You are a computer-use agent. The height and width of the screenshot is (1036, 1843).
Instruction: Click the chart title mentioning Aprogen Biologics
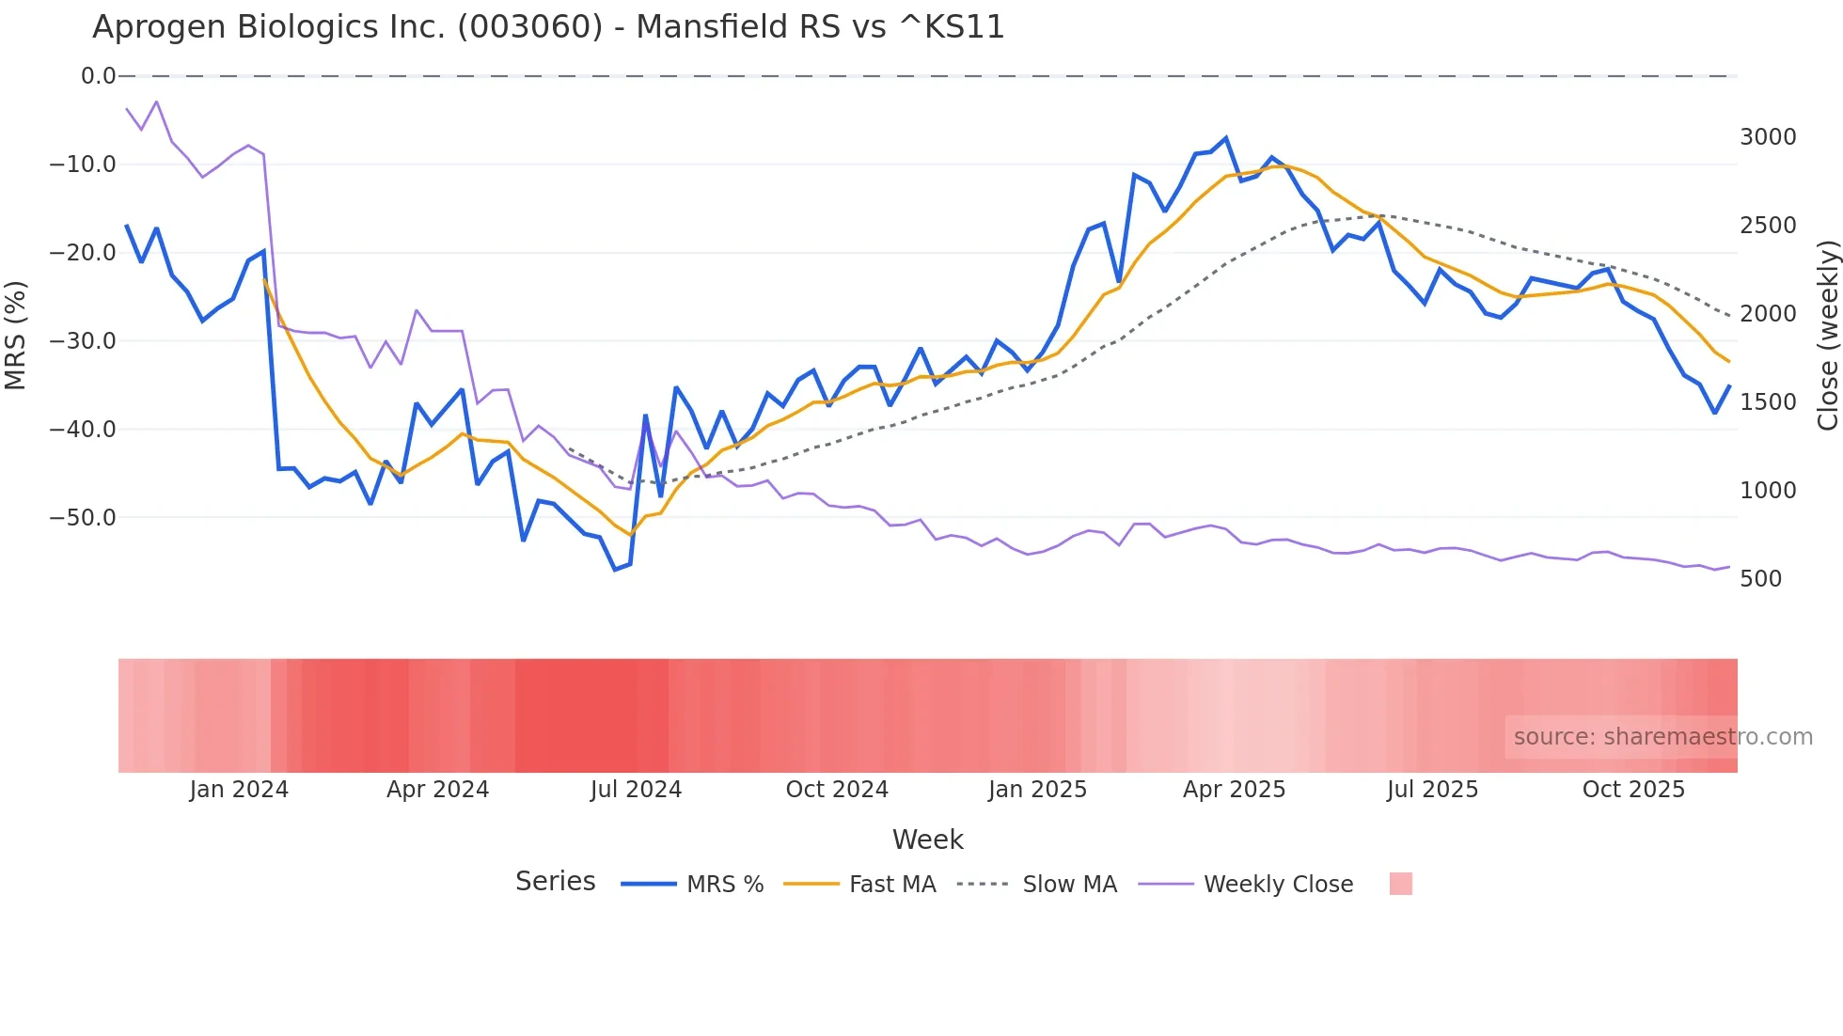pyautogui.click(x=548, y=27)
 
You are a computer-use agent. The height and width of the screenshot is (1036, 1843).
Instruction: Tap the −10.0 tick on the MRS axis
pyautogui.click(x=83, y=165)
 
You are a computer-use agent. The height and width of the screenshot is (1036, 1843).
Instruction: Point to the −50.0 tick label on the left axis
pyautogui.click(x=83, y=518)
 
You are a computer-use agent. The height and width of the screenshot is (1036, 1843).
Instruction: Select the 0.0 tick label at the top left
pyautogui.click(x=98, y=76)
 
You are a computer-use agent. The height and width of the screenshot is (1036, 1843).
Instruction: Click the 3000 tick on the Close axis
pyautogui.click(x=1768, y=137)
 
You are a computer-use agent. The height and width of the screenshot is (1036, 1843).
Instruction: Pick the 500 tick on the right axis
pyautogui.click(x=1760, y=579)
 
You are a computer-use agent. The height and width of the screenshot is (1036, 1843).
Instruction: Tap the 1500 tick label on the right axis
pyautogui.click(x=1768, y=402)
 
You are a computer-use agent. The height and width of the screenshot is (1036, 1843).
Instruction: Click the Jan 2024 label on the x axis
pyautogui.click(x=239, y=790)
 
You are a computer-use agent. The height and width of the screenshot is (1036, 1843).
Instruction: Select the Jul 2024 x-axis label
pyautogui.click(x=636, y=790)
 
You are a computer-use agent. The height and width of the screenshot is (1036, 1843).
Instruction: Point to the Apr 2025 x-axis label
pyautogui.click(x=1234, y=790)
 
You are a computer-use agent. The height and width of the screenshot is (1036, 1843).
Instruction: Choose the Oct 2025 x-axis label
pyautogui.click(x=1633, y=790)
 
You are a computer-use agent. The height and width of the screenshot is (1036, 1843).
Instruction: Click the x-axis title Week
pyautogui.click(x=927, y=840)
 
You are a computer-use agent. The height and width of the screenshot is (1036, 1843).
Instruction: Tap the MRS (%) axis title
pyautogui.click(x=16, y=335)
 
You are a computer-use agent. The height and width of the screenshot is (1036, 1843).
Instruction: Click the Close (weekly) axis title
pyautogui.click(x=1827, y=335)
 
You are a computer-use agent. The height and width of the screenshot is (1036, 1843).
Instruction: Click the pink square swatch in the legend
pyautogui.click(x=1400, y=884)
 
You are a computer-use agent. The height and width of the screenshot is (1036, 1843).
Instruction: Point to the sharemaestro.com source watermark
pyautogui.click(x=1662, y=737)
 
